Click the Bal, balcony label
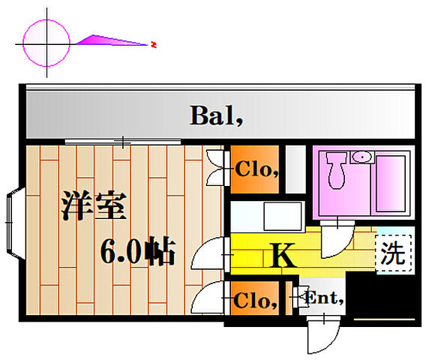point(216,115)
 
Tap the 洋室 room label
point(94,205)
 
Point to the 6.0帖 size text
point(137,250)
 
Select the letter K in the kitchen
point(282,255)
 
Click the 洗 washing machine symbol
point(394,254)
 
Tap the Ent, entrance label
point(324,298)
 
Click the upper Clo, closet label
point(257,169)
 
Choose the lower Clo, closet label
point(255,300)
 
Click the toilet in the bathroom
point(337,170)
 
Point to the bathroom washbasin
point(362,157)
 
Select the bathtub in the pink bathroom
point(391,183)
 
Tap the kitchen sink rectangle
point(282,216)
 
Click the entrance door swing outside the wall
point(322,334)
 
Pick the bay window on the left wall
point(16,223)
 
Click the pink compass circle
point(46,43)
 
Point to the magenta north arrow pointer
point(111,40)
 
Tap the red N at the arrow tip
point(153,44)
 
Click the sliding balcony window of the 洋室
point(123,142)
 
